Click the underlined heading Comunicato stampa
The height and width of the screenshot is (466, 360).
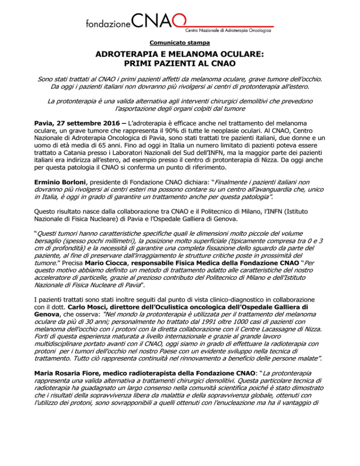[x=180, y=43]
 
